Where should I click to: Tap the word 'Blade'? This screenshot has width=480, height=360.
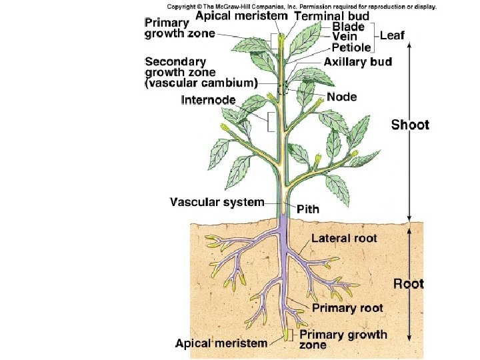[x=348, y=26]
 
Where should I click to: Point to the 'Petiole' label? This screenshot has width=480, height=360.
[x=351, y=48]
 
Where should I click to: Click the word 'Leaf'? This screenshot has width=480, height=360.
[x=391, y=35]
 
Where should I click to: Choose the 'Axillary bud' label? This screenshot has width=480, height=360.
[x=357, y=62]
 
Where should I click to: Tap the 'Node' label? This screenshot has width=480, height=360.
[x=341, y=97]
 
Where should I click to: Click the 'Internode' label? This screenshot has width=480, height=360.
[x=209, y=100]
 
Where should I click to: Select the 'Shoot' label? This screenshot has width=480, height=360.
[x=409, y=125]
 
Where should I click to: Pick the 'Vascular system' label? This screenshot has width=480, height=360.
[x=217, y=201]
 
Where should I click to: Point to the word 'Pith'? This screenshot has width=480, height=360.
[x=308, y=209]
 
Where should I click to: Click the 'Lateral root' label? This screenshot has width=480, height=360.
[x=344, y=238]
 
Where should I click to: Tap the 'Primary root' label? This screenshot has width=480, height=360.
[x=347, y=307]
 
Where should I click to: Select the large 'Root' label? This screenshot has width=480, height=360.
[x=408, y=283]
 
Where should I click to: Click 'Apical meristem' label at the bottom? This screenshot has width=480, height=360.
[x=221, y=343]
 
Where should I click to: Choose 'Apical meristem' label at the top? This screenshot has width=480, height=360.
[x=241, y=15]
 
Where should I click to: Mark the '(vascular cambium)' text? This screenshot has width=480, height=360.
[x=201, y=83]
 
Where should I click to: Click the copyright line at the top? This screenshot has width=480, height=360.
[x=301, y=6]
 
